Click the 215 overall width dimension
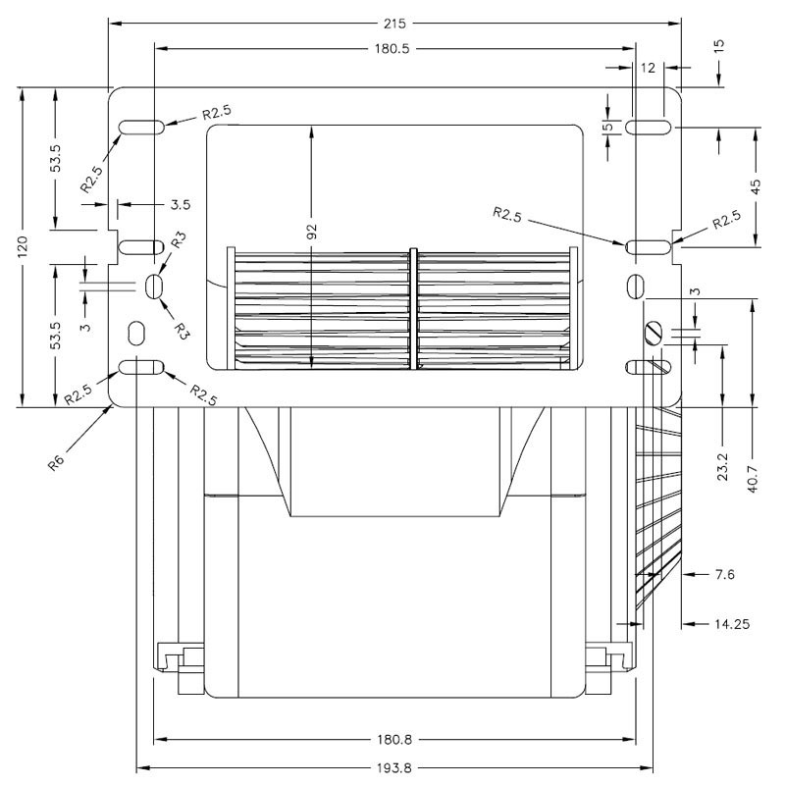[x=393, y=22]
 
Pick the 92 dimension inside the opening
[x=312, y=232]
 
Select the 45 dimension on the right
[x=755, y=187]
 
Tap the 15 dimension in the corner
[x=719, y=47]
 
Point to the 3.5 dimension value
[x=180, y=205]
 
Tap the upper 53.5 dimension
[x=56, y=161]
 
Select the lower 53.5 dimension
[x=56, y=335]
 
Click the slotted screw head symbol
[x=654, y=334]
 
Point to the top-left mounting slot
[x=141, y=128]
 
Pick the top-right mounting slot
[x=649, y=128]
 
